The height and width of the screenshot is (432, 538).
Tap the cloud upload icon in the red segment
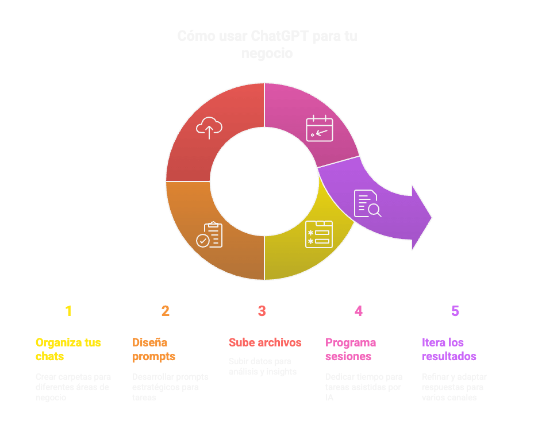point(209,127)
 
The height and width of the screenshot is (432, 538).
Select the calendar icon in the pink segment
point(319,128)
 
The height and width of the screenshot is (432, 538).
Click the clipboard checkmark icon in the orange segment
point(210,235)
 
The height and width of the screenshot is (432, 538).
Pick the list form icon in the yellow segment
point(318,234)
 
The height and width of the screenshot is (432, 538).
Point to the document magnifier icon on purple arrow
point(367,203)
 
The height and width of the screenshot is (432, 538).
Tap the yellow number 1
point(68,311)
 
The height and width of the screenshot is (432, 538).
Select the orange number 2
point(165,311)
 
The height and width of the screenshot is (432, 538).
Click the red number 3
point(262,311)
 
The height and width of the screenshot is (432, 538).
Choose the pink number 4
point(358,311)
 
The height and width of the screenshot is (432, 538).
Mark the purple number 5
point(455,311)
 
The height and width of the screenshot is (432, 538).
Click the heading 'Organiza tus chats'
point(68,349)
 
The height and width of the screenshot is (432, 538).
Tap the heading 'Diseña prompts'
point(153,349)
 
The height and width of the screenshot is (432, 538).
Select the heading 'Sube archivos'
point(265,342)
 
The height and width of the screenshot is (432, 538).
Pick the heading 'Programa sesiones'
point(351,349)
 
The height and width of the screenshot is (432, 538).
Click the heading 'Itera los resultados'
point(449,349)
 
